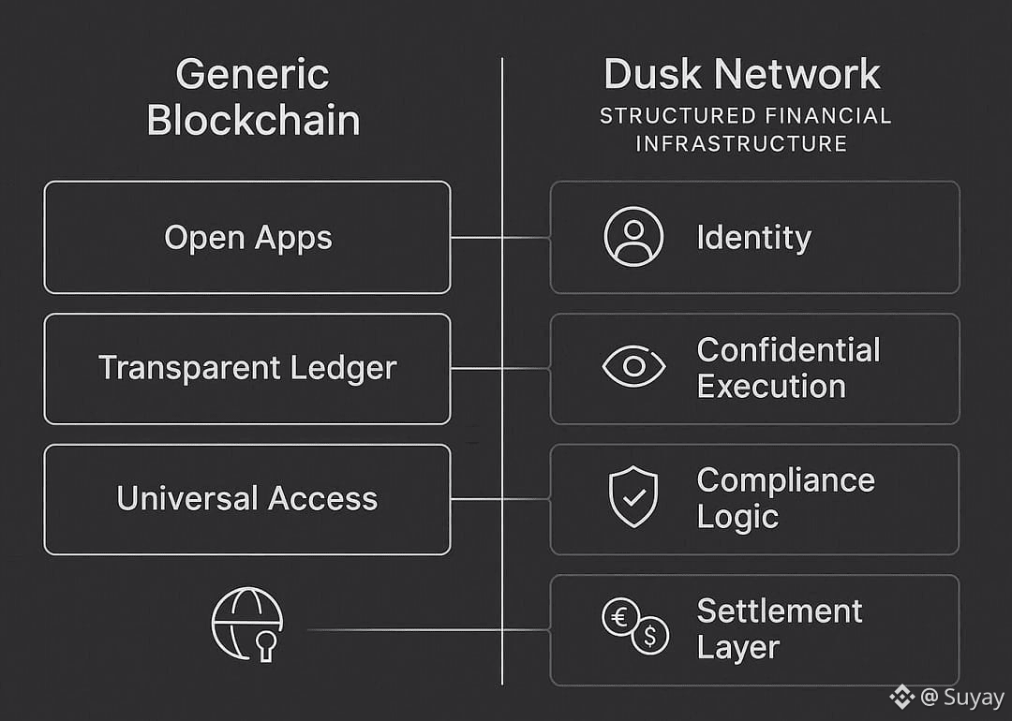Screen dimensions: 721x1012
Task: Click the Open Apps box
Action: pyautogui.click(x=247, y=237)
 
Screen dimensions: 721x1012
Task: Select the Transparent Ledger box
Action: pyautogui.click(x=247, y=368)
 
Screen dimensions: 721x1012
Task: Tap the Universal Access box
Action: pyautogui.click(x=247, y=498)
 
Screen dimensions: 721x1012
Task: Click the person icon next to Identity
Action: pyautogui.click(x=633, y=237)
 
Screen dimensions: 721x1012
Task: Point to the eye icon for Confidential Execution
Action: pyautogui.click(x=633, y=367)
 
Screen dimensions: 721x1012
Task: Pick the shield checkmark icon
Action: pyautogui.click(x=633, y=497)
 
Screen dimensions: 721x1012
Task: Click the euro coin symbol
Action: pyautogui.click(x=620, y=617)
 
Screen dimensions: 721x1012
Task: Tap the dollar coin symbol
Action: pyautogui.click(x=650, y=637)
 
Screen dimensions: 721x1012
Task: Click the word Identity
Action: pyautogui.click(x=753, y=238)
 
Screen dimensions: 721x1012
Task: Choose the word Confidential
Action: pyautogui.click(x=788, y=350)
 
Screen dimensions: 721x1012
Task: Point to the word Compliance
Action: pyautogui.click(x=785, y=480)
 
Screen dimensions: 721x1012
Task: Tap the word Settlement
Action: pyautogui.click(x=780, y=611)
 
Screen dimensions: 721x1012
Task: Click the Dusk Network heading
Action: pyautogui.click(x=742, y=75)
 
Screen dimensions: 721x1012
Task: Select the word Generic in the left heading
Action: pyautogui.click(x=252, y=75)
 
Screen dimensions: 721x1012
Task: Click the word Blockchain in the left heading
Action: pyautogui.click(x=253, y=121)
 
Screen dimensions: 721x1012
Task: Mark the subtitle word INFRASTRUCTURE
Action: pyautogui.click(x=741, y=144)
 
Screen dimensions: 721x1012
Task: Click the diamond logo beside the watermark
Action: pyautogui.click(x=901, y=697)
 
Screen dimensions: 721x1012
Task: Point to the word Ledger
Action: pyautogui.click(x=344, y=368)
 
